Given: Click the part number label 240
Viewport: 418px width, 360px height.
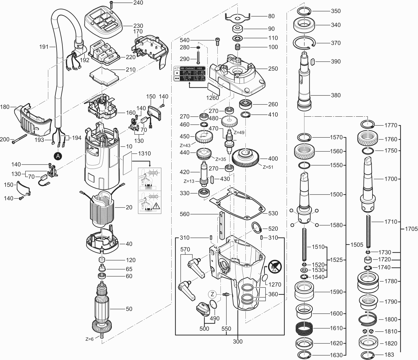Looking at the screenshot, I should [x=138, y=3].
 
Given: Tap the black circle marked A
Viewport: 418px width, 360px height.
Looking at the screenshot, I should [x=57, y=156].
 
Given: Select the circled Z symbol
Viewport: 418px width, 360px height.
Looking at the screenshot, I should [x=212, y=294].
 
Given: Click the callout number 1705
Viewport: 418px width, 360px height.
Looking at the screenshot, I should [x=411, y=229].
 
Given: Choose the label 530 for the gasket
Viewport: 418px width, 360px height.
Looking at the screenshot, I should [x=273, y=213].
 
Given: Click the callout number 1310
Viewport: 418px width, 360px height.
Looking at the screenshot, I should [x=144, y=153].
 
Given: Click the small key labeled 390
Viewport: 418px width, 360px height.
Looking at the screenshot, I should [x=313, y=62].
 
